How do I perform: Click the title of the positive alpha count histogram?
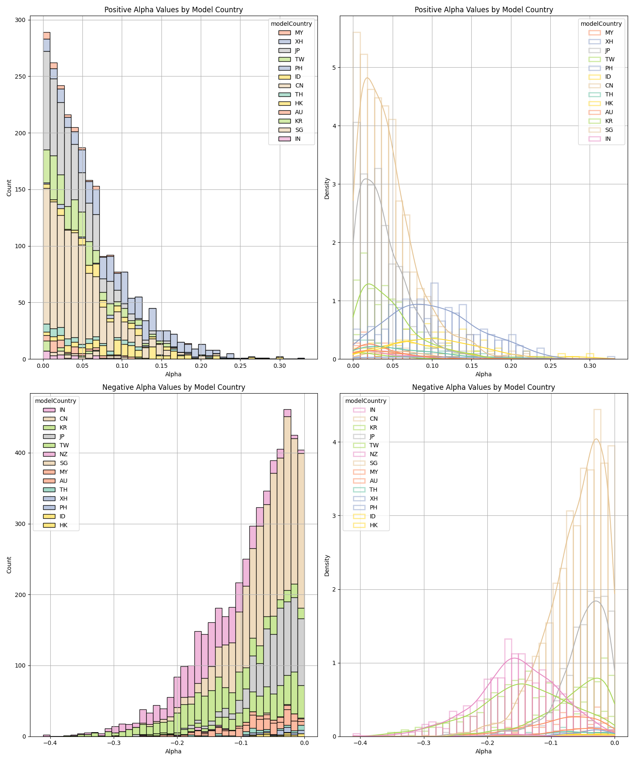point(173,10)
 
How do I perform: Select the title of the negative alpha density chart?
point(483,387)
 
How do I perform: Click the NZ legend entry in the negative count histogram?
point(63,454)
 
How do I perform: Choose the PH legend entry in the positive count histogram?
point(298,68)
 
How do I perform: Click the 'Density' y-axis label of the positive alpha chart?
point(327,188)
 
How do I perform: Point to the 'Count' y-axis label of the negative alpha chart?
point(9,565)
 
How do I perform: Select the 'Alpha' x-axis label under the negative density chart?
point(483,751)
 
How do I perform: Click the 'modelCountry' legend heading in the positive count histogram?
point(291,24)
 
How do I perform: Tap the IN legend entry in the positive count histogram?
point(298,139)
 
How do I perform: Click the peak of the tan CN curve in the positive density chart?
point(367,78)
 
